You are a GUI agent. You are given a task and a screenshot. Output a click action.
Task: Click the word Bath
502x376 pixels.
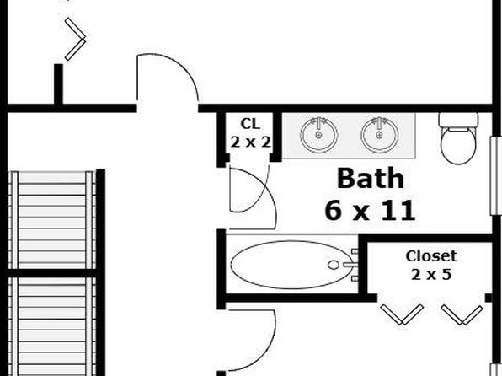pyautogui.click(x=370, y=178)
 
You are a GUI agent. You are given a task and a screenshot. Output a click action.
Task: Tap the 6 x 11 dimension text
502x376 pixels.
pyautogui.click(x=370, y=211)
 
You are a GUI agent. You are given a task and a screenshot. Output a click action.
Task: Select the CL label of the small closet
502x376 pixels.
pyautogui.click(x=250, y=124)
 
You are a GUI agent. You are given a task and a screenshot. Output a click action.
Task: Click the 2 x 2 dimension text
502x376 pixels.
pyautogui.click(x=250, y=142)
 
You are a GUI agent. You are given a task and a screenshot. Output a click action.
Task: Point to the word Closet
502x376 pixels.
pyautogui.click(x=431, y=256)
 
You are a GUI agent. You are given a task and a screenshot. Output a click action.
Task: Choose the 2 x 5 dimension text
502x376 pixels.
pyautogui.click(x=431, y=274)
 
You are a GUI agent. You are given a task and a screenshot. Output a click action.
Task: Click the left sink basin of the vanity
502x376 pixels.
pyautogui.click(x=319, y=135)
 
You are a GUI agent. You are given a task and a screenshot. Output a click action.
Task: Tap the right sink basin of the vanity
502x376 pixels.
pyautogui.click(x=380, y=135)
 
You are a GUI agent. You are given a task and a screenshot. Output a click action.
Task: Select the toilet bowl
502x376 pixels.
pyautogui.click(x=458, y=146)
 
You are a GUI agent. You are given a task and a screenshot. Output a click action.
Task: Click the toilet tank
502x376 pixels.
pyautogui.click(x=458, y=120)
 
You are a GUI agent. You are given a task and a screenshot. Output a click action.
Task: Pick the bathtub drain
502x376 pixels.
pyautogui.click(x=334, y=265)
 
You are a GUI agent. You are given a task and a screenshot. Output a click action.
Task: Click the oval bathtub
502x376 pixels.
pyautogui.click(x=292, y=265)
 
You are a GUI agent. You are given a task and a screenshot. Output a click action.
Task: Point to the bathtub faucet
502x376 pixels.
pyautogui.click(x=351, y=265)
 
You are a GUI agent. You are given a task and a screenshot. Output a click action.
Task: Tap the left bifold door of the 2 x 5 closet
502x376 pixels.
pyautogui.click(x=402, y=314)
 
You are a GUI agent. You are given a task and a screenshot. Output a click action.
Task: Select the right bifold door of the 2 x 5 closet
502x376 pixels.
pyautogui.click(x=462, y=314)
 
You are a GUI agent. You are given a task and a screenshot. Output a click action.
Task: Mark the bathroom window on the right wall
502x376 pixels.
pyautogui.click(x=496, y=176)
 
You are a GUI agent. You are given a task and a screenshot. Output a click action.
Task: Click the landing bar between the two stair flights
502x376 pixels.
pyautogui.click(x=51, y=273)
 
